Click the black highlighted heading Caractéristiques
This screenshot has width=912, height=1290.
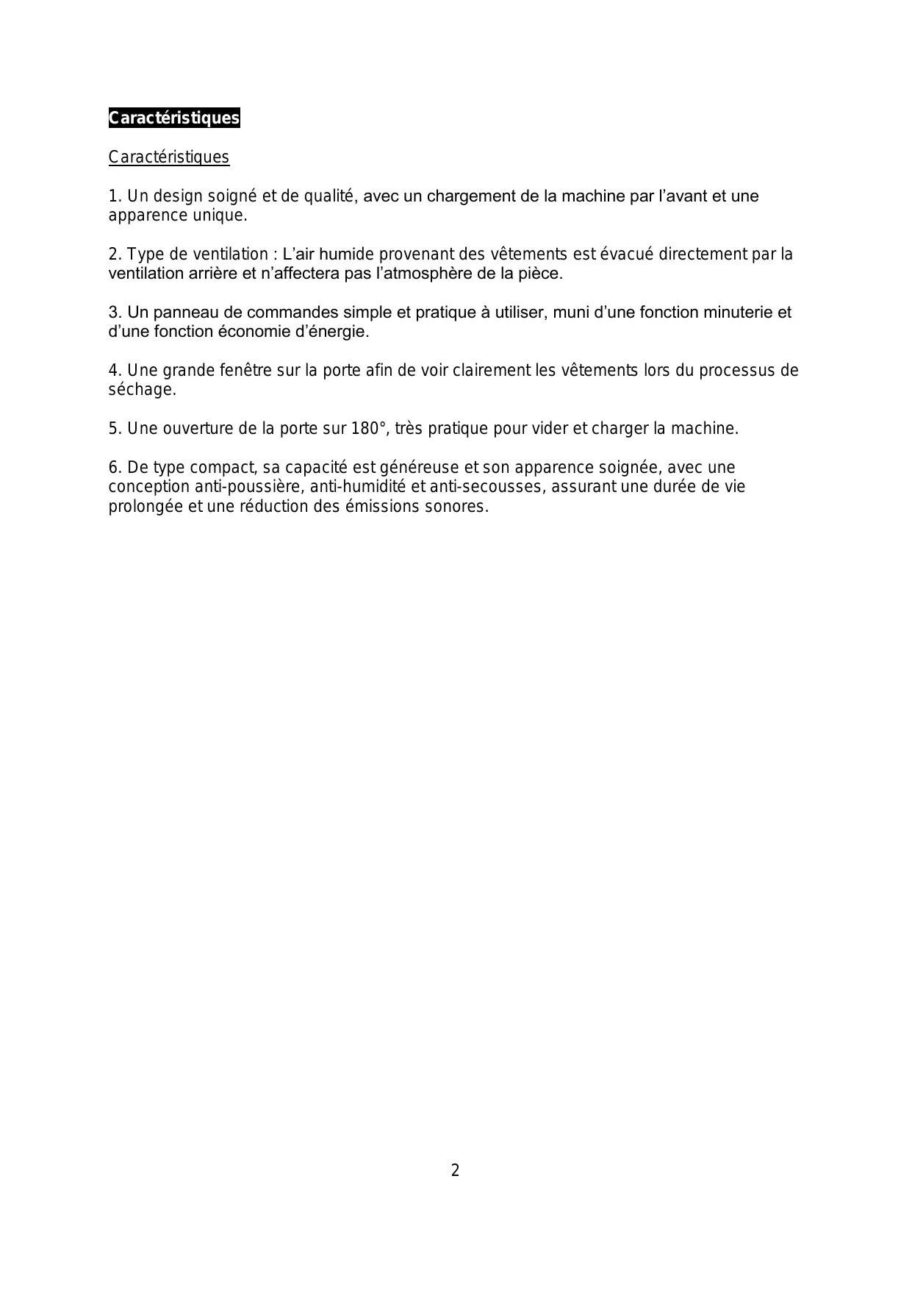(x=174, y=118)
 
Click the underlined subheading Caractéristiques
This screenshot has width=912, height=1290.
(x=169, y=157)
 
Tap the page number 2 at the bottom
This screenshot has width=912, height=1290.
(x=455, y=1170)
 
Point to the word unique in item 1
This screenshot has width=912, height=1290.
(x=219, y=215)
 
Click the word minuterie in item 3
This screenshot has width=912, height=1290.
(x=733, y=313)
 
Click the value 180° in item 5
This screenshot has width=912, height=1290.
(x=368, y=429)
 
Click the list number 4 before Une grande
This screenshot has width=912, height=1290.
(x=114, y=371)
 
